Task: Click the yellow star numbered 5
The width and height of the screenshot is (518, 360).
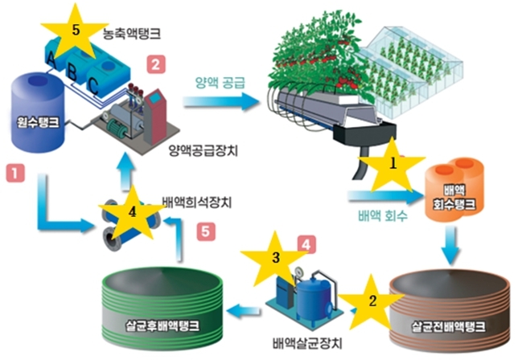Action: (76, 33)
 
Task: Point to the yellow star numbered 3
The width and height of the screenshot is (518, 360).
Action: (275, 260)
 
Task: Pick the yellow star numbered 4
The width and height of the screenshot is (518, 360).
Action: (132, 213)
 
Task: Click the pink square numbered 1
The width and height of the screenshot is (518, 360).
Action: (15, 173)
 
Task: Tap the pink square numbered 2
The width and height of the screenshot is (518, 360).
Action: (156, 64)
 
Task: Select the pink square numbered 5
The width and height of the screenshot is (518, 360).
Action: (206, 231)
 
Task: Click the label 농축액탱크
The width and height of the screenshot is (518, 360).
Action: (132, 33)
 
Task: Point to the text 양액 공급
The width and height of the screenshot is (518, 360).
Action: (220, 83)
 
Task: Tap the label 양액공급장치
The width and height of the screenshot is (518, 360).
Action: (203, 151)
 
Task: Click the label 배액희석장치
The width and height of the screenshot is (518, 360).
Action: (197, 202)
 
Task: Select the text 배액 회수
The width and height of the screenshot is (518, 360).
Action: (383, 216)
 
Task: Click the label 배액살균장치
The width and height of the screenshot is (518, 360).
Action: (307, 343)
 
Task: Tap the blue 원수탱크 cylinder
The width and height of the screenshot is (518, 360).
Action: (39, 113)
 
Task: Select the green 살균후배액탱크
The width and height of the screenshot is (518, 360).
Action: (161, 308)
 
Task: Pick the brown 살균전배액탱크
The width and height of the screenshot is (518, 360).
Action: (450, 311)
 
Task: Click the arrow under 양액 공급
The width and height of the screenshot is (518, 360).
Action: (220, 101)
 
